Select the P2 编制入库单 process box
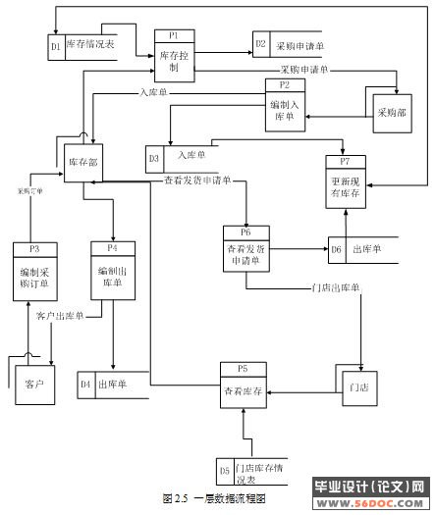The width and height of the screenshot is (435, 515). tap(285, 107)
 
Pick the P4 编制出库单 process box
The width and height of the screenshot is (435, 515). tap(111, 270)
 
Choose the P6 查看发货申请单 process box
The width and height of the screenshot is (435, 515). tap(247, 251)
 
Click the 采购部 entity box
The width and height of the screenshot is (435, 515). tap(391, 113)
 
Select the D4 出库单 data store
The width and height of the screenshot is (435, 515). tap(116, 384)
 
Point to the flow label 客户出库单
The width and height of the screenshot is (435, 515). tap(59, 316)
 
